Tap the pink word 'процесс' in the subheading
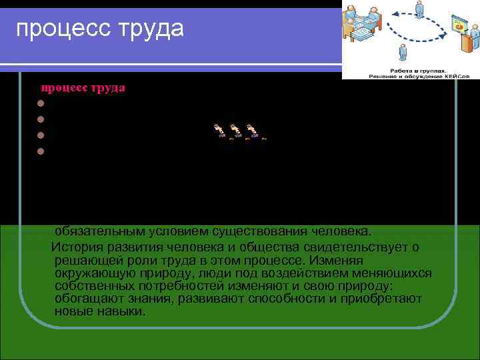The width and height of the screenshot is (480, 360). click(64, 87)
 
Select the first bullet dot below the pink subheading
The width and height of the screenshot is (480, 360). click(41, 103)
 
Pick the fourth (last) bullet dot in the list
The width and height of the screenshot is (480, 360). click(41, 150)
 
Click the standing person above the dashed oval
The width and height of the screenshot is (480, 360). click(419, 8)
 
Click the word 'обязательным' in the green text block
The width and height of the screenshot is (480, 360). click(97, 232)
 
